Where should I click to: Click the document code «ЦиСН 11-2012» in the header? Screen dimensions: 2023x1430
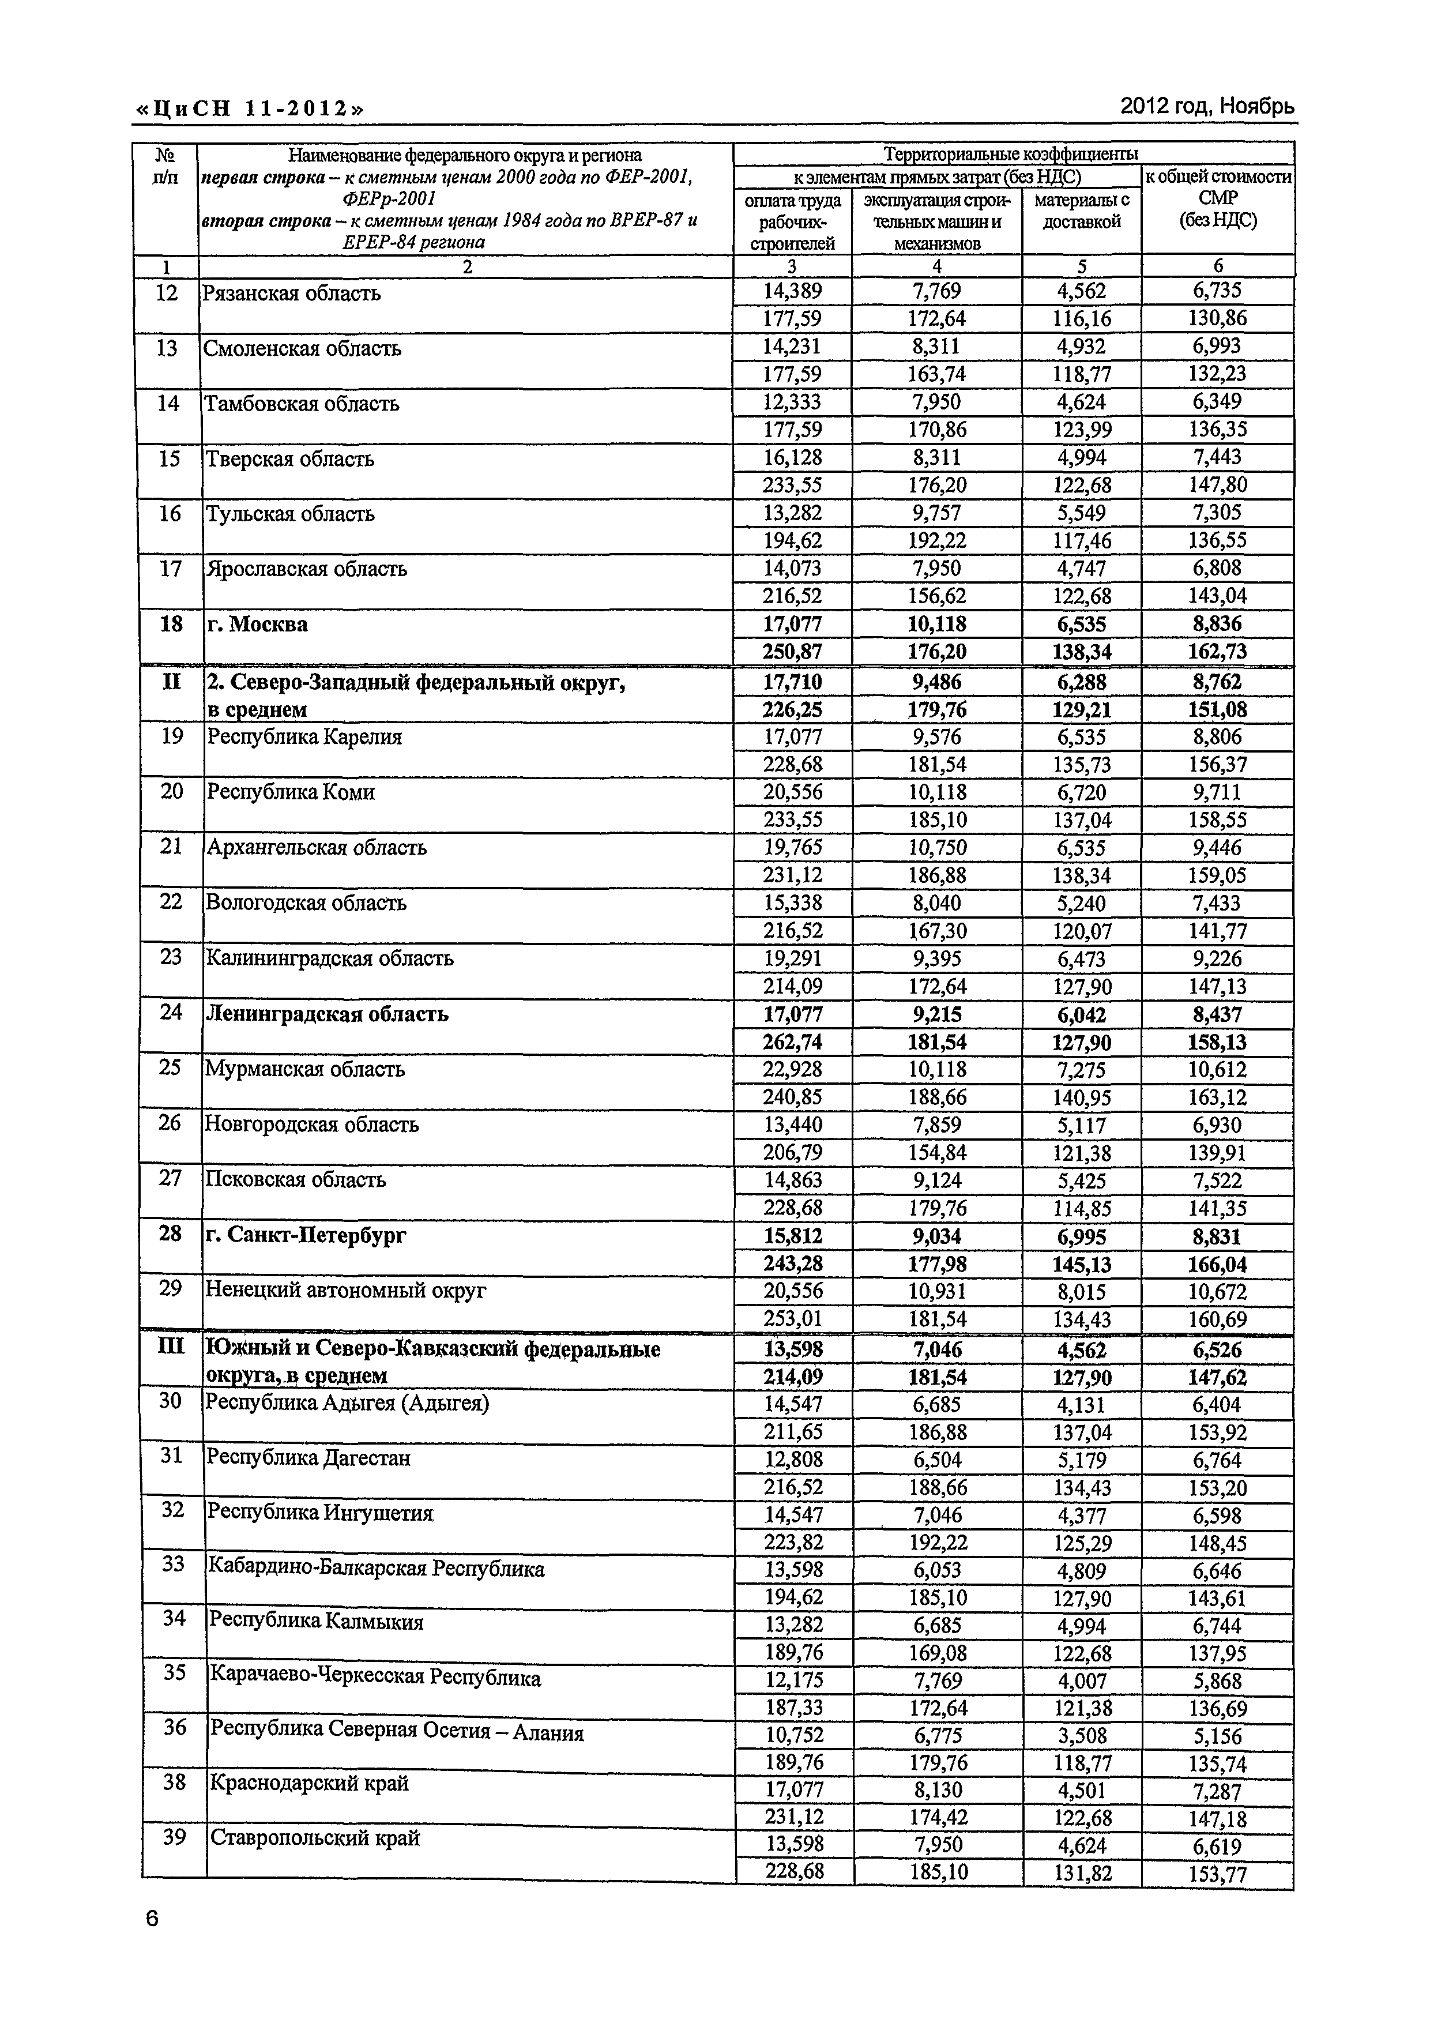click(249, 108)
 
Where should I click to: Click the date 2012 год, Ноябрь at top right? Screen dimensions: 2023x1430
click(1206, 107)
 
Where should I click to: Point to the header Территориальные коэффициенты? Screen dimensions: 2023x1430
click(1011, 154)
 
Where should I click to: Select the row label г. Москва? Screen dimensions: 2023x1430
click(257, 625)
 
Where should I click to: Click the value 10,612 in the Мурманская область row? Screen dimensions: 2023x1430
click(1216, 1070)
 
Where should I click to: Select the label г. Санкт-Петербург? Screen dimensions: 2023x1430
click(306, 1235)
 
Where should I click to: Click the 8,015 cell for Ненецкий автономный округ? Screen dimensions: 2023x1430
click(1081, 1292)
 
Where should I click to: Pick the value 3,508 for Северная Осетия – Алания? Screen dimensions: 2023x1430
click(1081, 1736)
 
